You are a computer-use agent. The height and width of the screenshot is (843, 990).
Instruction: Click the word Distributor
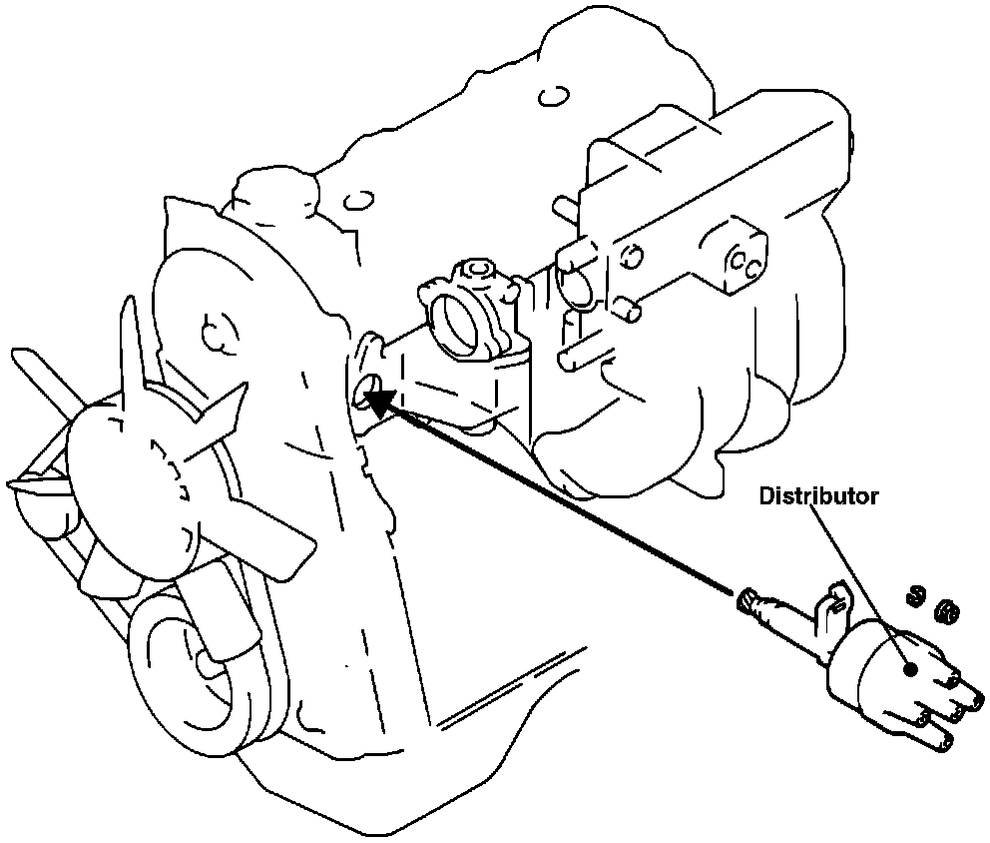pyautogui.click(x=819, y=496)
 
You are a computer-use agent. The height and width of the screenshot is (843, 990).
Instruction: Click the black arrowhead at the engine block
pyautogui.click(x=378, y=403)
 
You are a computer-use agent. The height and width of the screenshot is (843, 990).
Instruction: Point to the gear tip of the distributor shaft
pyautogui.click(x=743, y=599)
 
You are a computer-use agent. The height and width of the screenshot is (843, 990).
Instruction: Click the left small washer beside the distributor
pyautogui.click(x=911, y=596)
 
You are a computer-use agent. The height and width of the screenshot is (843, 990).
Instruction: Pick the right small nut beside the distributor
pyautogui.click(x=942, y=609)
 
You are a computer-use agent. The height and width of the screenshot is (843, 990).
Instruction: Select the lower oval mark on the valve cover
pyautogui.click(x=356, y=201)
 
